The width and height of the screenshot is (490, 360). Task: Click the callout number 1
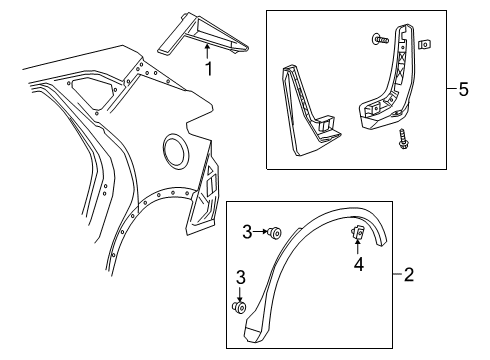click(x=208, y=69)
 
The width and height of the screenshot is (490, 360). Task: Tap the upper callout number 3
click(x=246, y=233)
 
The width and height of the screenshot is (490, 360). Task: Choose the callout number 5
click(x=462, y=90)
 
